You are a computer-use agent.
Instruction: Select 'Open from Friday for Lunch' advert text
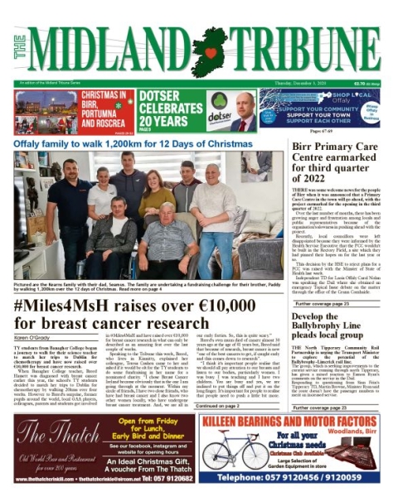(146, 429)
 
